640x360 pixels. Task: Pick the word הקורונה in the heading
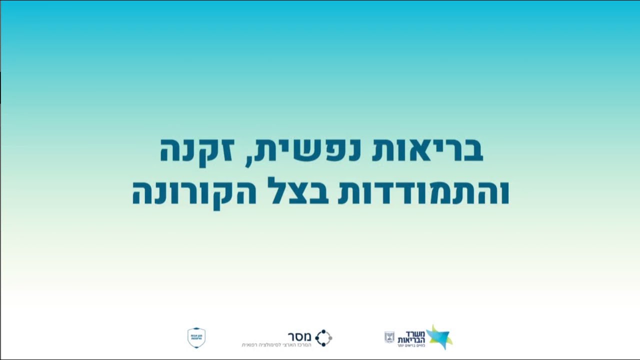194,193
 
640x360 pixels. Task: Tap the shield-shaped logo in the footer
196,338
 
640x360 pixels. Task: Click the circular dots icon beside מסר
323,338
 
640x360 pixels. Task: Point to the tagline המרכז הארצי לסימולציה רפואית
276,345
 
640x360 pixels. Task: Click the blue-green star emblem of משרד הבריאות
438,336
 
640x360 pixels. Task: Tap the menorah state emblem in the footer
389,337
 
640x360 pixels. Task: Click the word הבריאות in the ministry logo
410,339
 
